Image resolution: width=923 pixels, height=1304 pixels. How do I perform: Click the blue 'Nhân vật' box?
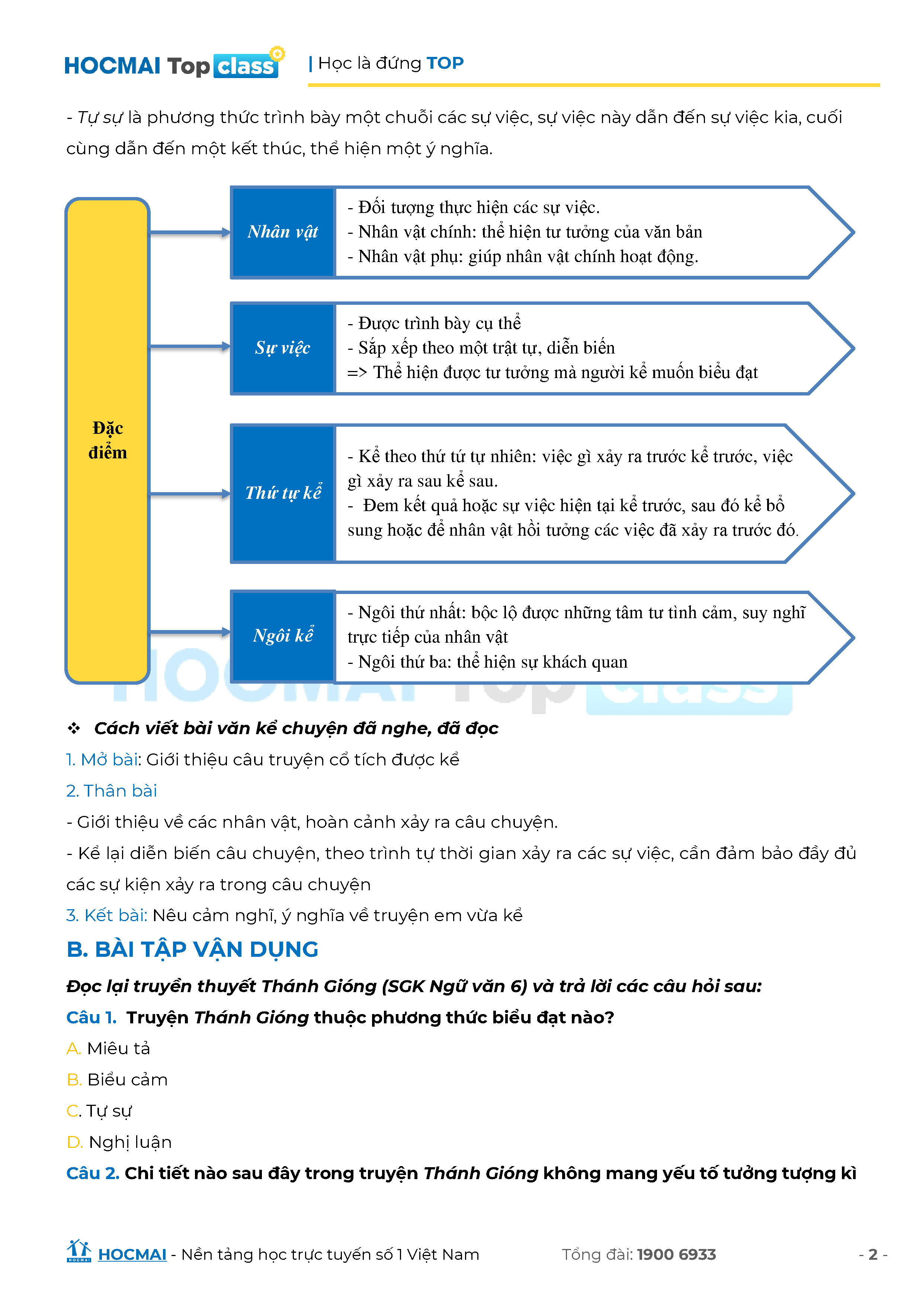tap(282, 232)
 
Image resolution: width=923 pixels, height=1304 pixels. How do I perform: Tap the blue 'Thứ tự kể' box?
tap(282, 493)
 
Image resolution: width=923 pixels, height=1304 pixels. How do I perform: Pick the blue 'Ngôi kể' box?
tap(282, 636)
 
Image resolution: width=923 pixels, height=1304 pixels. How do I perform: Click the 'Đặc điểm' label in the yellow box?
tap(108, 440)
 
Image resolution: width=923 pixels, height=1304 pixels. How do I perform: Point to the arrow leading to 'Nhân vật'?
tap(189, 232)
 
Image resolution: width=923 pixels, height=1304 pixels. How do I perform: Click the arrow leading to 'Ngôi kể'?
tap(189, 632)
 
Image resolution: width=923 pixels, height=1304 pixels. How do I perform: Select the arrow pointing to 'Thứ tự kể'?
tap(189, 494)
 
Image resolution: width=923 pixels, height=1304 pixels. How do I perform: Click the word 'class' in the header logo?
tap(246, 67)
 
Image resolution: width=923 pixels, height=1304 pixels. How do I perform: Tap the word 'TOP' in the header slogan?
tap(445, 63)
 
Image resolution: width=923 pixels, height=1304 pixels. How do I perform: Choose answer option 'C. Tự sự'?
tap(99, 1111)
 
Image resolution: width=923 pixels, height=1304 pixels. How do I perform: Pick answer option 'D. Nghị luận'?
tap(119, 1142)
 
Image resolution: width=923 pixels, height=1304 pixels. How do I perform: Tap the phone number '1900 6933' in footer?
tap(676, 1255)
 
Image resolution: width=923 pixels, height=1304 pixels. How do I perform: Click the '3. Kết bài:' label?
tap(107, 916)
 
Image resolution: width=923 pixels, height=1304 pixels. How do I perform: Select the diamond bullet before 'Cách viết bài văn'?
tap(74, 728)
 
